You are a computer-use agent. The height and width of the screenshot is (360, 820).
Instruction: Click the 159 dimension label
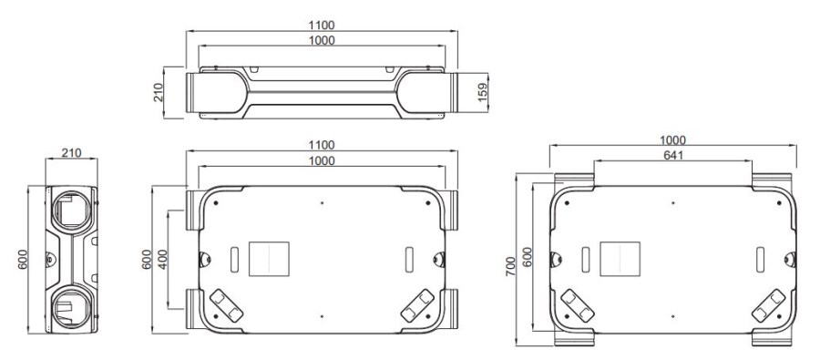point(483,91)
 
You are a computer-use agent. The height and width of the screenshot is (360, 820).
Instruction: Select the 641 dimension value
point(673,155)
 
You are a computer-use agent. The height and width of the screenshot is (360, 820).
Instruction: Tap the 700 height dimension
point(511,266)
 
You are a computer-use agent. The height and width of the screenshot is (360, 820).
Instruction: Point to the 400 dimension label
point(163,259)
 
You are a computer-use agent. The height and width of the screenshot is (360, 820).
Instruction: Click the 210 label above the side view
point(71,153)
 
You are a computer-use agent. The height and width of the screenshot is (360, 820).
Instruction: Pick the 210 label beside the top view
point(159,92)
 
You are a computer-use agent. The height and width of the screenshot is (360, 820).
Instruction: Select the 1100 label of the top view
point(322,26)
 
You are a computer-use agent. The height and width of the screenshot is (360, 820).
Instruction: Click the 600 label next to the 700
point(528,257)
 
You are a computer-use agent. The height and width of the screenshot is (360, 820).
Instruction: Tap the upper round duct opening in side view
point(71,210)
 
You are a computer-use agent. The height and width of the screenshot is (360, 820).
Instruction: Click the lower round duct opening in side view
point(71,308)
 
